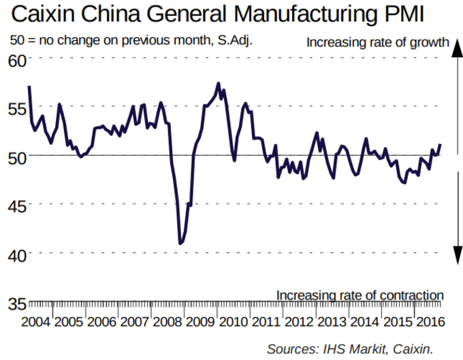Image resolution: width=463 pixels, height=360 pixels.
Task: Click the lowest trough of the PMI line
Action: tap(180, 243)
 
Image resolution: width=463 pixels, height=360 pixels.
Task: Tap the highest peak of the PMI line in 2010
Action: tap(218, 84)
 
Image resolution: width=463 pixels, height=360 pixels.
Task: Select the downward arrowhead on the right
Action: tap(456, 257)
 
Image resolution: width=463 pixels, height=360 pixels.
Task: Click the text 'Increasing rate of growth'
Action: tap(377, 42)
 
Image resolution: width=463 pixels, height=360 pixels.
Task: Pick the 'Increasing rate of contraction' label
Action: tap(360, 295)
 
